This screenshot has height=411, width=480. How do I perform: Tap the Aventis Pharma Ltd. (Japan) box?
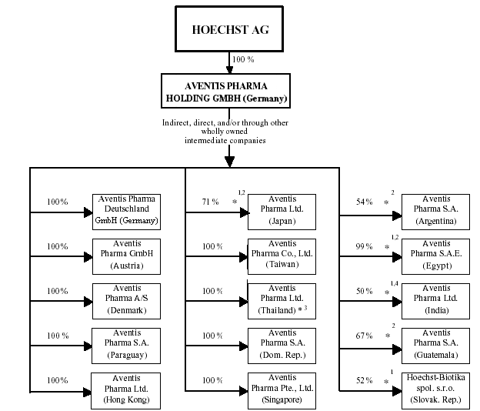[x=282, y=210]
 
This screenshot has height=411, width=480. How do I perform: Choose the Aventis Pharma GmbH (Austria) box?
[x=126, y=255]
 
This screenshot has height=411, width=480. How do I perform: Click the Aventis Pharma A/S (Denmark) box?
[x=126, y=299]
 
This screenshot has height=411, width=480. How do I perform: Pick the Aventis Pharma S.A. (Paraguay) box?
[x=126, y=344]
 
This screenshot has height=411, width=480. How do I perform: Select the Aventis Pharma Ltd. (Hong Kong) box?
[x=126, y=389]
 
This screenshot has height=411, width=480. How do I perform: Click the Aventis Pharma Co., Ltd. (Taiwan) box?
[x=282, y=255]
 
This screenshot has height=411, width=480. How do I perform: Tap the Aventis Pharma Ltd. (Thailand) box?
[x=282, y=299]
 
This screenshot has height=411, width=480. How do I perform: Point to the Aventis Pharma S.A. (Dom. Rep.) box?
[x=282, y=344]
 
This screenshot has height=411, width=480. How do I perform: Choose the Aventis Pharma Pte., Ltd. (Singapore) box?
[x=282, y=389]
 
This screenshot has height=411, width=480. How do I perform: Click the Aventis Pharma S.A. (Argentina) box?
[x=436, y=210]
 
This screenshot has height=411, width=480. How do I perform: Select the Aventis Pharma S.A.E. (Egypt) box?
[x=436, y=255]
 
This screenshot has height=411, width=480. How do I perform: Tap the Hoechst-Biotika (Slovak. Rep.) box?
[x=436, y=389]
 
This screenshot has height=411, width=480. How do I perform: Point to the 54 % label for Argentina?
[x=364, y=202]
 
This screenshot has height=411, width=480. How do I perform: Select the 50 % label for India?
[x=364, y=292]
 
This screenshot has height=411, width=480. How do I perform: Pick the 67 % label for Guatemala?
[x=364, y=336]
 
